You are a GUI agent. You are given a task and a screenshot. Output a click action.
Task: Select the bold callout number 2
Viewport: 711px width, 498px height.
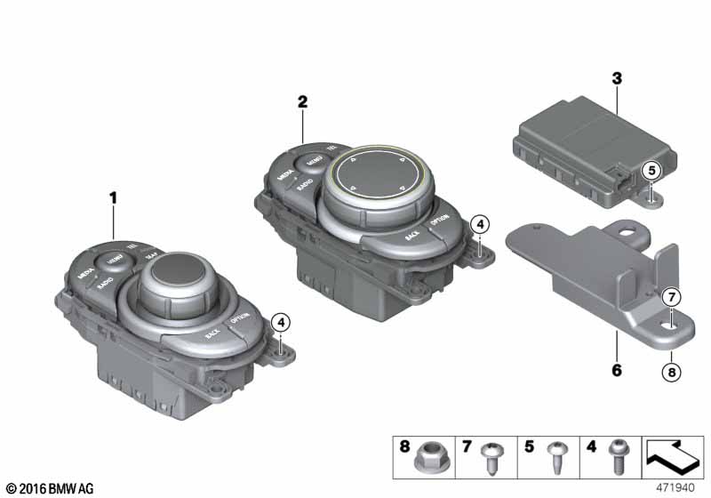(302, 102)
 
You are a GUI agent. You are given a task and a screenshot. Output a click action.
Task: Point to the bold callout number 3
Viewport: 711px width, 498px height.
(616, 78)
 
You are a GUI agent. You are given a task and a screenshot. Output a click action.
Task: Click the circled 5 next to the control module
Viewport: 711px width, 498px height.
(651, 170)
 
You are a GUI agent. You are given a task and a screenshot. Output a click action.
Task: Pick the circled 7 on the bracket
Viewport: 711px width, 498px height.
(672, 295)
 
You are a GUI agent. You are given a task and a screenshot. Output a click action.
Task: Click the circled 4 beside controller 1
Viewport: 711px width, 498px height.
(281, 321)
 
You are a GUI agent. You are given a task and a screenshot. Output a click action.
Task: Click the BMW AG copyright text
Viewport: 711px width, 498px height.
(48, 488)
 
